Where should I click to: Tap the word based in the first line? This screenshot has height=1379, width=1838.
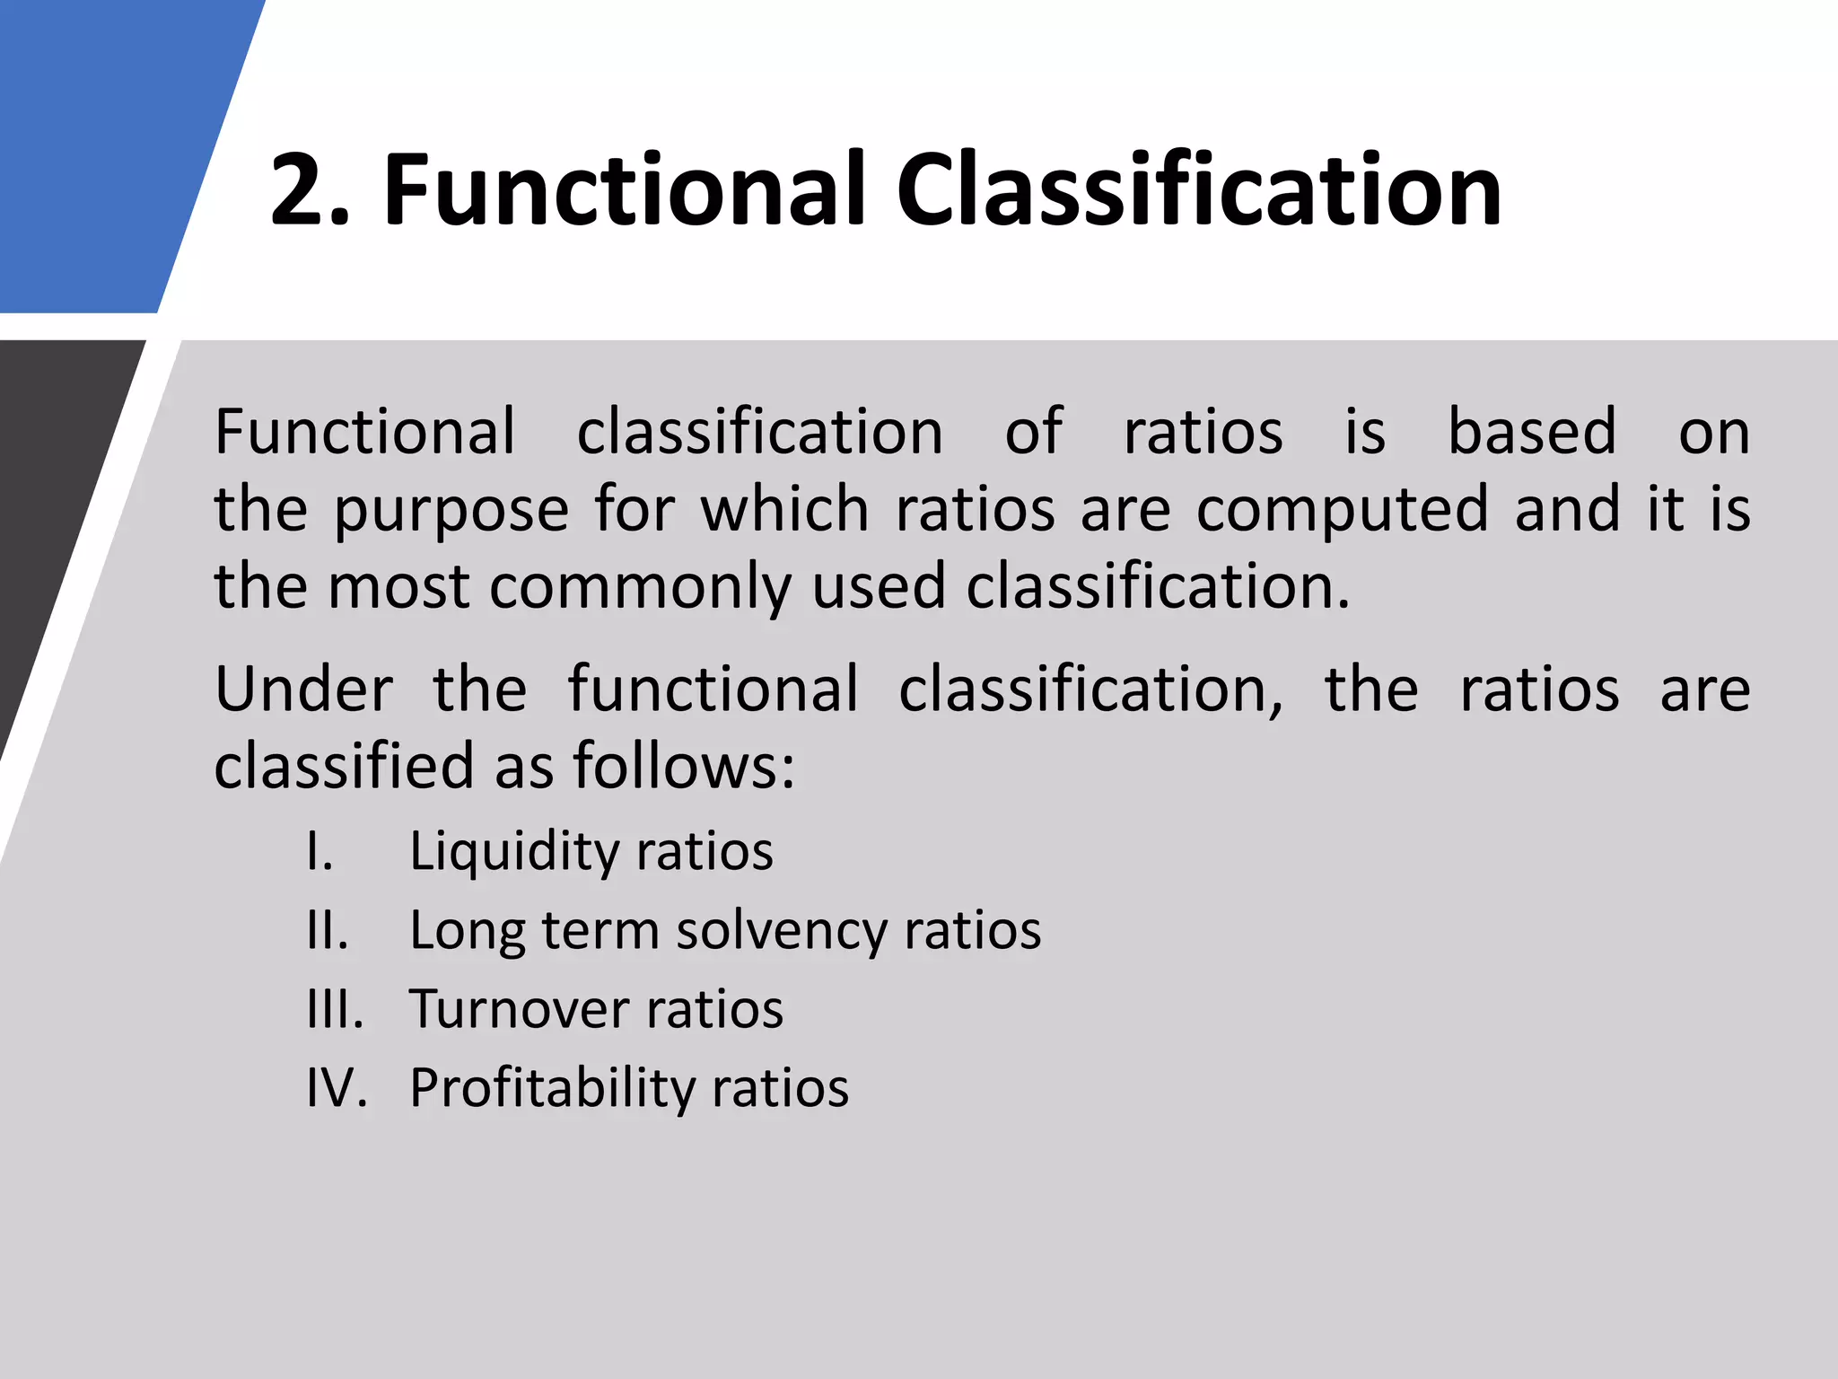pyautogui.click(x=1531, y=432)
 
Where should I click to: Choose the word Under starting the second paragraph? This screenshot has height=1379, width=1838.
pyautogui.click(x=303, y=689)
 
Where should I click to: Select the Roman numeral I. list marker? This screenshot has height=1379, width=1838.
pyautogui.click(x=319, y=850)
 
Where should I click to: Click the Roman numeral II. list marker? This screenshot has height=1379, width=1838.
pyautogui.click(x=327, y=929)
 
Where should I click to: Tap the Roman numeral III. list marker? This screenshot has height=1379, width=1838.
pyautogui.click(x=335, y=1008)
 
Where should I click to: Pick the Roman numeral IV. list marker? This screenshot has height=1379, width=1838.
pyautogui.click(x=337, y=1087)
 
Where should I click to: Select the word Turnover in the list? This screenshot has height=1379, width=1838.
pyautogui.click(x=520, y=1008)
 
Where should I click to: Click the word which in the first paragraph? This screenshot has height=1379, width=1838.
pyautogui.click(x=783, y=509)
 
